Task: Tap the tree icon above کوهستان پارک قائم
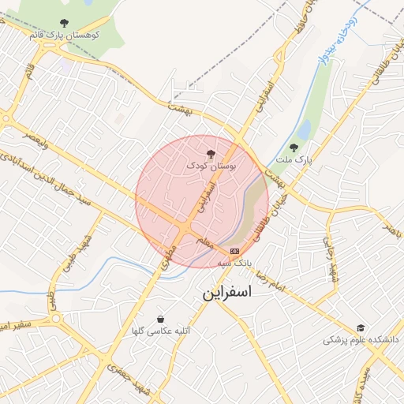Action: tap(63, 24)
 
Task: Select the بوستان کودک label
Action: tap(211, 166)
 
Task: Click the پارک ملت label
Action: tap(299, 159)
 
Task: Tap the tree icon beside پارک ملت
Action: tap(294, 147)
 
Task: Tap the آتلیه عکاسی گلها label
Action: tap(161, 332)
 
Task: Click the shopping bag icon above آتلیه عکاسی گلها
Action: tap(161, 319)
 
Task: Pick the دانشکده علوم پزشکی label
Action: tap(361, 340)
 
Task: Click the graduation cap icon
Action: tap(361, 327)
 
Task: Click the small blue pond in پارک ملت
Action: tap(304, 129)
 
